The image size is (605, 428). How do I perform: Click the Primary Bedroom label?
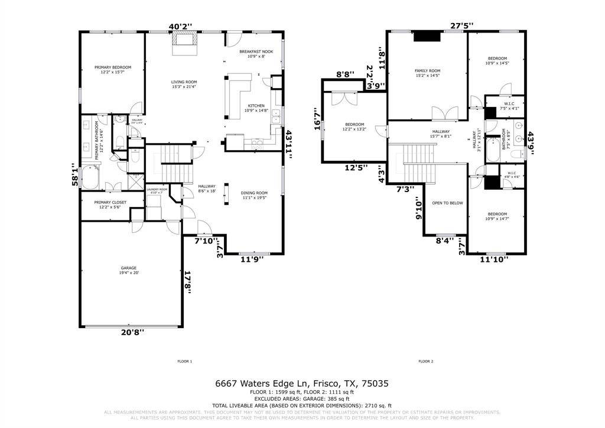pyautogui.click(x=113, y=67)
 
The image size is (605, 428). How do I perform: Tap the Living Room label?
pyautogui.click(x=184, y=82)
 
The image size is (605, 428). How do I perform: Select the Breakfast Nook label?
pyautogui.click(x=256, y=52)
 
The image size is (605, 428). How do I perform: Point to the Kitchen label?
pyautogui.click(x=256, y=106)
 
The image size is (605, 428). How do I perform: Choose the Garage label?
pyautogui.click(x=128, y=268)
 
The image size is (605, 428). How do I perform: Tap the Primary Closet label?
pyautogui.click(x=112, y=202)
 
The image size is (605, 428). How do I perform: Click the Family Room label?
pyautogui.click(x=427, y=71)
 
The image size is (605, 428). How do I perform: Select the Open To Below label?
pyautogui.click(x=447, y=203)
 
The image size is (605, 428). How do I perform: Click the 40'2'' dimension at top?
pyautogui.click(x=180, y=27)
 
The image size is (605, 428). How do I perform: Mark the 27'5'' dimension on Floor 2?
pyautogui.click(x=462, y=25)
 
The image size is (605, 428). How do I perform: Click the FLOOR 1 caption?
pyautogui.click(x=185, y=361)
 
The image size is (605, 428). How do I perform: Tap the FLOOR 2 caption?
pyautogui.click(x=425, y=361)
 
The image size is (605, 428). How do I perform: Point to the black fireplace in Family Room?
pyautogui.click(x=427, y=36)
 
